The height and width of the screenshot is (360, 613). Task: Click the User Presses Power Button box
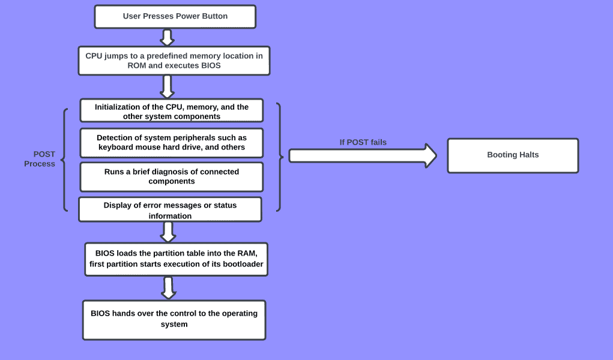tap(175, 16)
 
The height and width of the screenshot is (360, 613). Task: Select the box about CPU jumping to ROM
tap(174, 61)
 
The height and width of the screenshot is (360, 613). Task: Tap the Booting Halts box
tap(513, 155)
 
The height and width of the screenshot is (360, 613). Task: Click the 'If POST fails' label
tap(363, 142)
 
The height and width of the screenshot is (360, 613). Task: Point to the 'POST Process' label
tap(40, 158)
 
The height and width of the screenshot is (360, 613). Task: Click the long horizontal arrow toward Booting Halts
tap(363, 155)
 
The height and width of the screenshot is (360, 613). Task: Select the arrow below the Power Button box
tap(168, 38)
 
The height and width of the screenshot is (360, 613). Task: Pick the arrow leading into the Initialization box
tap(168, 86)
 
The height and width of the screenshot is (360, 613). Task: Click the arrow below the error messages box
tap(168, 232)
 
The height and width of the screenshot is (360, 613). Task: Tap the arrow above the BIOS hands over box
tap(169, 287)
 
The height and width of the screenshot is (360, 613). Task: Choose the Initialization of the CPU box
tap(172, 110)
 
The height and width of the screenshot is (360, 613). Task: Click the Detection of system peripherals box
tap(172, 143)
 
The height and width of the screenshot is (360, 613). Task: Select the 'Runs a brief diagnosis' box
tap(172, 176)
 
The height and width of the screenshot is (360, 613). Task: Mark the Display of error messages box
tap(170, 209)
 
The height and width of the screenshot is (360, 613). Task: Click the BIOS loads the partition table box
tap(177, 259)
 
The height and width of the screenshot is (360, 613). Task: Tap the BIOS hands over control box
tap(174, 320)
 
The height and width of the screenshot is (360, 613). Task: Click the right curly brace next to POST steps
tap(280, 157)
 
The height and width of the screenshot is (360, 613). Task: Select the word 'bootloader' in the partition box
tap(243, 264)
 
